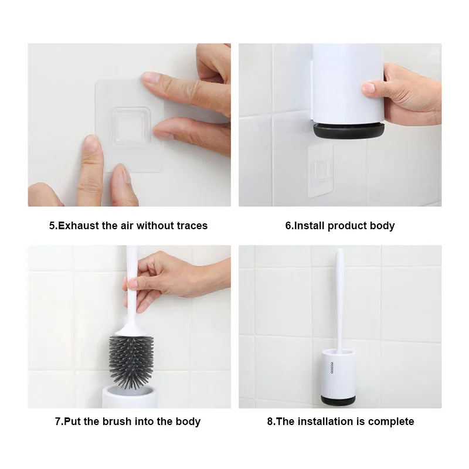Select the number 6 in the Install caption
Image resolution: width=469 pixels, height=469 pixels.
[288, 226]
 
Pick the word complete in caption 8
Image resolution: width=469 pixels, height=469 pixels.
[392, 422]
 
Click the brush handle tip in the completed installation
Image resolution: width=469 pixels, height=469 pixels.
[339, 253]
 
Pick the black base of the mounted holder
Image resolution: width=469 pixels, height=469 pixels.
[337, 399]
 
